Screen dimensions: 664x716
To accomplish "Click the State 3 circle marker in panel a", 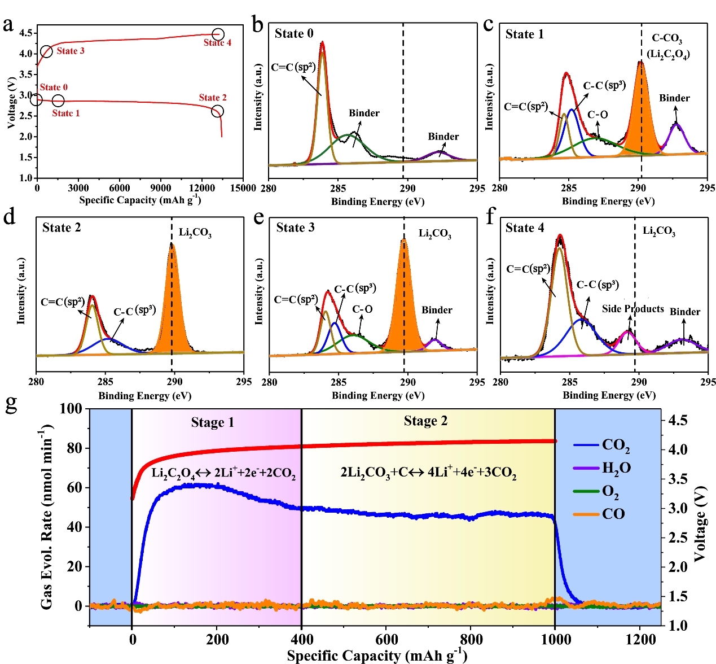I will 47,52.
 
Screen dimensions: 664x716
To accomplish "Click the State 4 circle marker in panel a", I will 218,35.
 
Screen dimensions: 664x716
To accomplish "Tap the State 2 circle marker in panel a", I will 217,111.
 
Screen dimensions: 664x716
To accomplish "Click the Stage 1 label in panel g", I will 212,422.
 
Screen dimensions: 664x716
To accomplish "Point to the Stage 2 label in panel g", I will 425,421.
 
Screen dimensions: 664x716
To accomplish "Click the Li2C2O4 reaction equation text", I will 223,473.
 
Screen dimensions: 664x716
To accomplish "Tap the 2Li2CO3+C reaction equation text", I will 428,473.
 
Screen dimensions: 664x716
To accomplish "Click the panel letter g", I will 11,404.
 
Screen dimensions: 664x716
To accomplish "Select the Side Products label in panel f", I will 632,309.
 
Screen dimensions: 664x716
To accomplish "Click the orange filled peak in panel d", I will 173,316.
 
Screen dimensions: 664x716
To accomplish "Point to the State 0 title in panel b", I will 294,34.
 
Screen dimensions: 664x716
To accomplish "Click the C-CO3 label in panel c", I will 667,38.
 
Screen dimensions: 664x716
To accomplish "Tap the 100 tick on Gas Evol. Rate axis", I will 71,408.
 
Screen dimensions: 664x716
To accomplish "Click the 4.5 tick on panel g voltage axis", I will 678,421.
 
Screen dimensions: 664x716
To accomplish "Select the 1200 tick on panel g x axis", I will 640,639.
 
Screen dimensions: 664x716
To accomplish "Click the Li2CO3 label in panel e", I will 434,234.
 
